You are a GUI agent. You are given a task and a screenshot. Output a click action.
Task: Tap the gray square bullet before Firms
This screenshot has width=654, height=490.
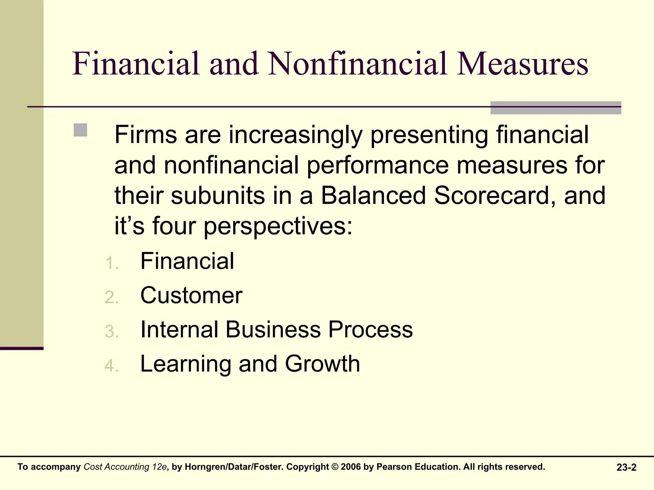pyautogui.click(x=80, y=130)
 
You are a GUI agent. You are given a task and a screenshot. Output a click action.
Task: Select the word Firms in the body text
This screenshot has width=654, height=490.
pyautogui.click(x=146, y=135)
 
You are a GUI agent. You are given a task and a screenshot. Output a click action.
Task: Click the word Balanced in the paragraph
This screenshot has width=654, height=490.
pyautogui.click(x=373, y=195)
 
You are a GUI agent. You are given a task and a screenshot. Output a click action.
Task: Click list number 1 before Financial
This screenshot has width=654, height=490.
pyautogui.click(x=112, y=264)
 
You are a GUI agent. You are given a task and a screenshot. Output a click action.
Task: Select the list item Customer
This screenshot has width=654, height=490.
pyautogui.click(x=191, y=295)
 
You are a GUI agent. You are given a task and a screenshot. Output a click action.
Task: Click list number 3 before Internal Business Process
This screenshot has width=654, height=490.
pyautogui.click(x=112, y=331)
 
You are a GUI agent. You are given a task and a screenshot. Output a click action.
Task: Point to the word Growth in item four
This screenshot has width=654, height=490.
pyautogui.click(x=323, y=364)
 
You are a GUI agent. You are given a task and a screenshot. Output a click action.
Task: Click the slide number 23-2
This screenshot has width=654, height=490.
pyautogui.click(x=626, y=467)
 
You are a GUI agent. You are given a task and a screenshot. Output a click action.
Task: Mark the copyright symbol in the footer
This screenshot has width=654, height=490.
pyautogui.click(x=335, y=467)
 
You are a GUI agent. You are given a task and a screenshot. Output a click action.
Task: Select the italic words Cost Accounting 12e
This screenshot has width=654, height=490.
pyautogui.click(x=125, y=467)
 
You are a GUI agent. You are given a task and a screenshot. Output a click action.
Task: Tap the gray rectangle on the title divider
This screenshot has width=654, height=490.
pyautogui.click(x=556, y=108)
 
